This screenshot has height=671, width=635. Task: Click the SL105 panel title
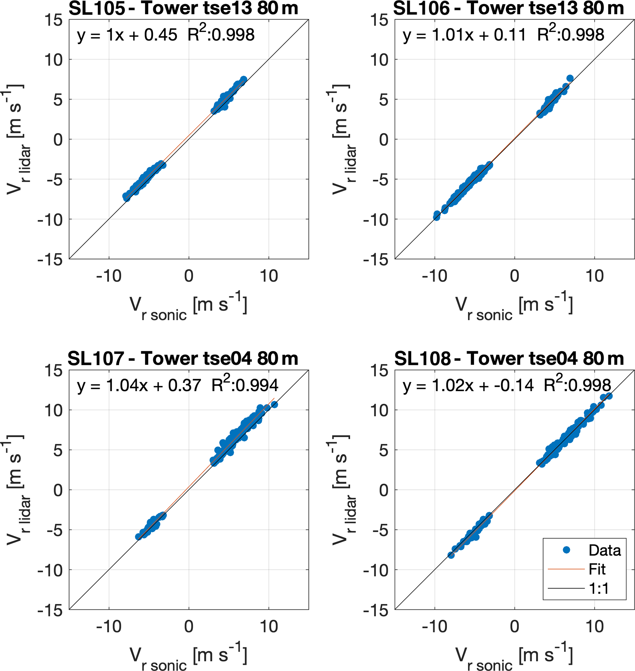point(183,8)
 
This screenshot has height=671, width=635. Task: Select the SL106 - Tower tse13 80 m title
point(508,8)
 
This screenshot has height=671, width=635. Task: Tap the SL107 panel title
point(183,359)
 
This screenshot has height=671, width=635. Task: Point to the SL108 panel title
point(509,359)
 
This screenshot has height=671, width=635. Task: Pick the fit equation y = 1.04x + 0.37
point(139,386)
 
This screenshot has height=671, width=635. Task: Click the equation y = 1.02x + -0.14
point(468,386)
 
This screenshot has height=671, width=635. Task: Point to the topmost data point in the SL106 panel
point(570,79)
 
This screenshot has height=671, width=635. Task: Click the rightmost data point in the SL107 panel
point(274,405)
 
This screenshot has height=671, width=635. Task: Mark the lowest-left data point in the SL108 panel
point(451,555)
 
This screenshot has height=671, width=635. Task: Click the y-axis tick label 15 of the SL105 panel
point(53,20)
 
